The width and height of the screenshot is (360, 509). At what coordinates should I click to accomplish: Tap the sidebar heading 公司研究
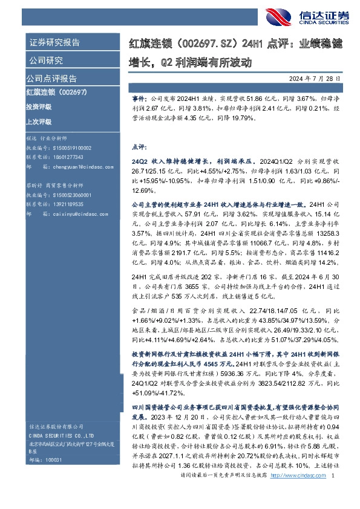[46, 60]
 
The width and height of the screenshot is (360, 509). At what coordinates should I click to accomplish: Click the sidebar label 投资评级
[39, 106]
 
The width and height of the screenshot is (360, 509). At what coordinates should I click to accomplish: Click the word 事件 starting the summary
[138, 97]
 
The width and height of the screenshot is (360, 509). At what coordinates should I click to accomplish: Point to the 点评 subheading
[138, 147]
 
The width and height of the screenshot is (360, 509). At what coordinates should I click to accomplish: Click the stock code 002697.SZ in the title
[206, 44]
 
